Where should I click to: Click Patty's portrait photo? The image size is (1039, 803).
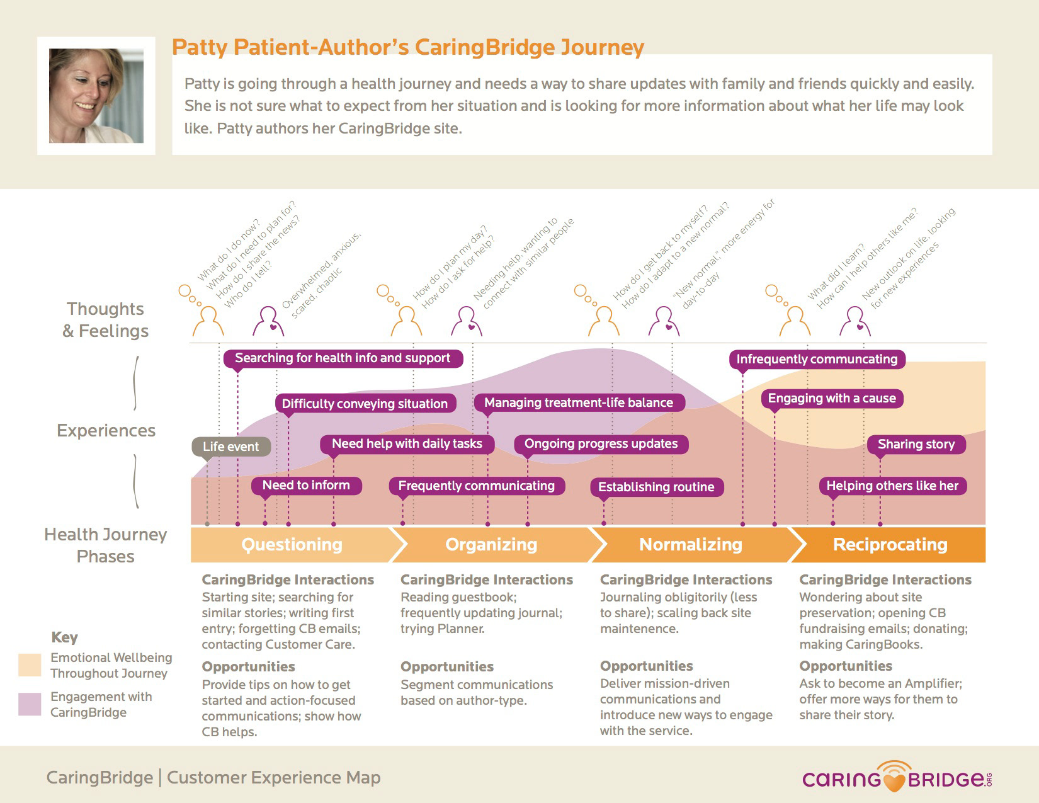96,96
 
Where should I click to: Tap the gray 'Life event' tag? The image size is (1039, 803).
232,447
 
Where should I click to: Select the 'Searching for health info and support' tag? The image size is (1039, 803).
343,358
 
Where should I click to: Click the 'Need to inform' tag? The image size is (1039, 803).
306,486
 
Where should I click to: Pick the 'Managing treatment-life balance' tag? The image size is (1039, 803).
579,402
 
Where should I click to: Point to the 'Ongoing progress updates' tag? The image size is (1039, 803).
601,444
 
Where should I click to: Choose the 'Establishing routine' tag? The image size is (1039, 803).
657,487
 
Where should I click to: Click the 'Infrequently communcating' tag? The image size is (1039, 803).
817,359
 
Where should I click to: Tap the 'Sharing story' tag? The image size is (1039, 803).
916,444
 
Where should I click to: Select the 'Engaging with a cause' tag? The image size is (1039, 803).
832,399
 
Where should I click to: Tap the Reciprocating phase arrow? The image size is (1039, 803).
889,545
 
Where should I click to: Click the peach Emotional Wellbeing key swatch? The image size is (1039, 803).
30,665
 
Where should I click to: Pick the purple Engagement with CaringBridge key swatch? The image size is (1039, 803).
30,704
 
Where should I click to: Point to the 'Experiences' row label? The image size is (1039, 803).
106,430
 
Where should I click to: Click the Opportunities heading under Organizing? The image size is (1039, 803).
447,666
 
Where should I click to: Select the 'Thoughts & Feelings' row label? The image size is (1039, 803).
105,320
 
